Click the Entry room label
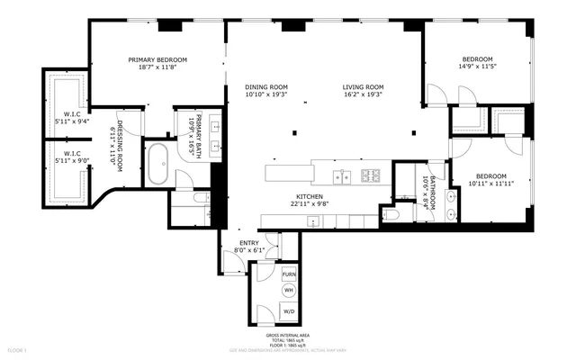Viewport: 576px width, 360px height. (247, 246)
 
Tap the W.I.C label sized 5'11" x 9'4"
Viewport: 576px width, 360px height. (68, 118)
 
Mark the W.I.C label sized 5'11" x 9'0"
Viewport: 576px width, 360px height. (68, 157)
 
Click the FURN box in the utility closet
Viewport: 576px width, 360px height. (289, 274)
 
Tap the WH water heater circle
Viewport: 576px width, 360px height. (289, 291)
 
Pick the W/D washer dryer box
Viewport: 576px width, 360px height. (289, 311)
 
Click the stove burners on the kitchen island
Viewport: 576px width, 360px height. (369, 174)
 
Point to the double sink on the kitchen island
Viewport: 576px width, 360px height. (340, 174)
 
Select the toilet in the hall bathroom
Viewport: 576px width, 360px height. (390, 216)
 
